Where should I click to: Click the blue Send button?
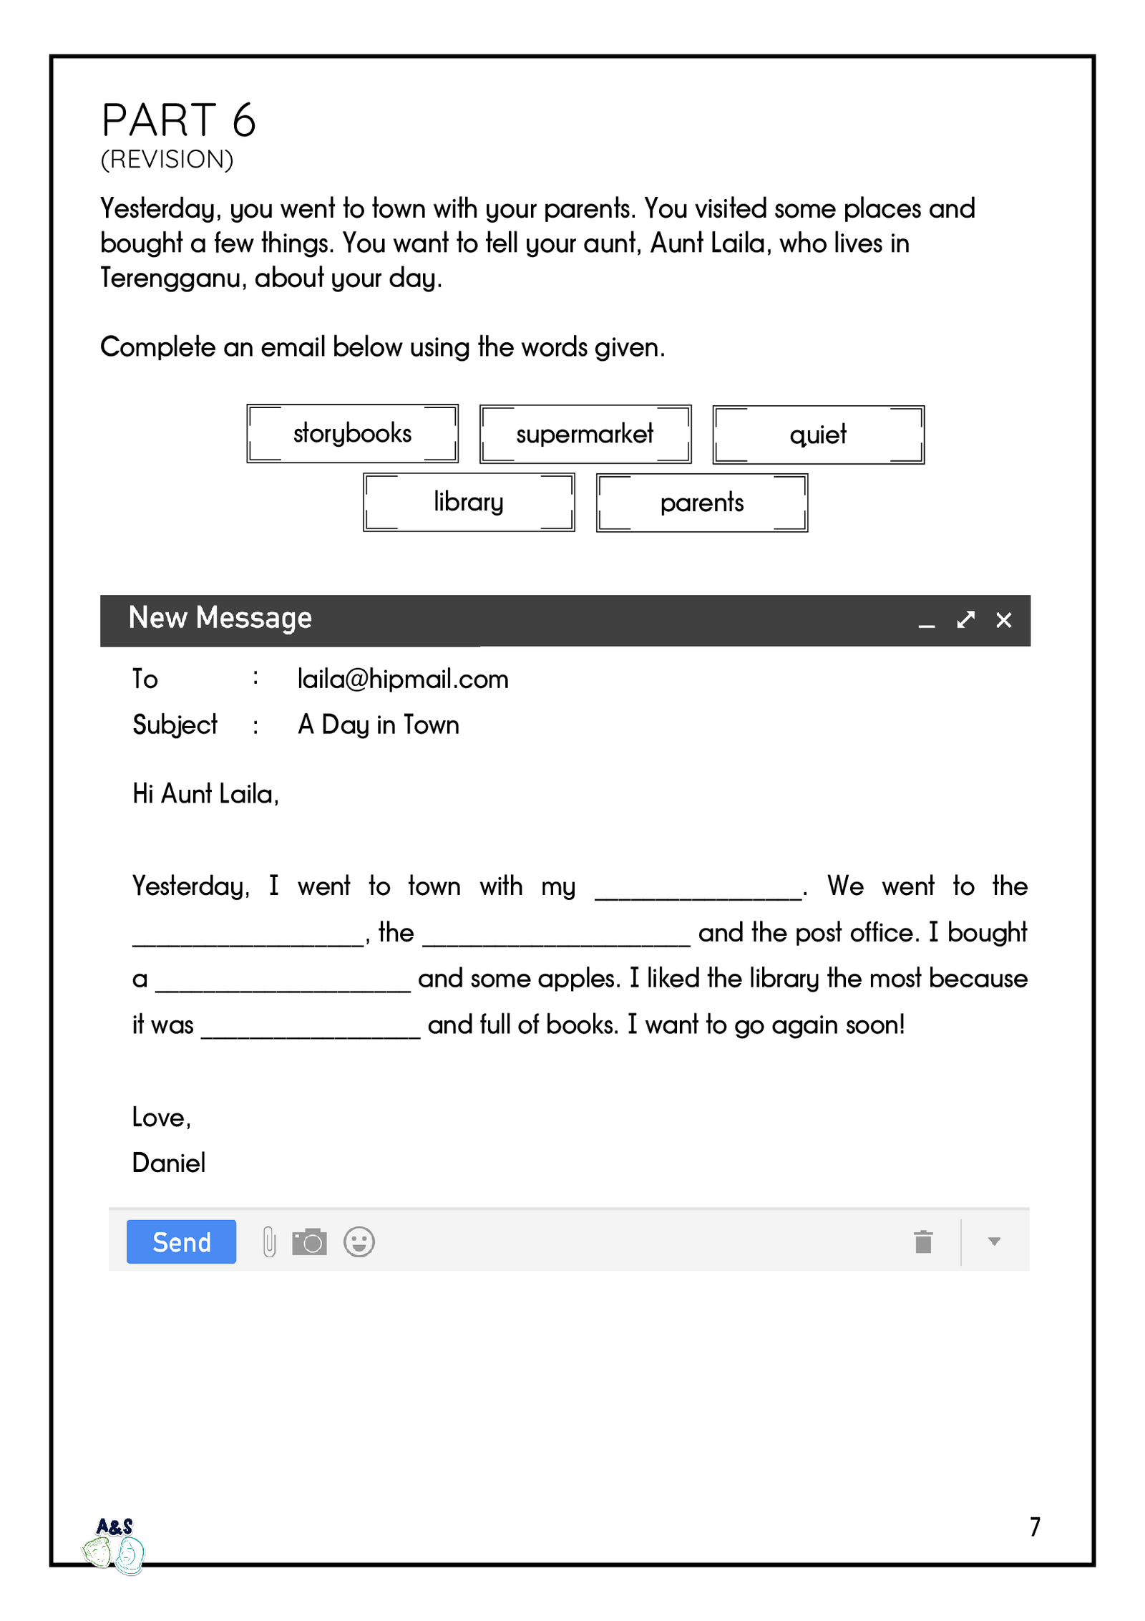181,1242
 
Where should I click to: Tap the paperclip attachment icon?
269,1242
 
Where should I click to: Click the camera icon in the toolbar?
309,1242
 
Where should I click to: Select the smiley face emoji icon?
359,1242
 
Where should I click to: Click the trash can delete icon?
923,1242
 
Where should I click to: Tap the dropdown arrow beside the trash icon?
994,1242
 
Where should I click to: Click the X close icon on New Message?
1004,620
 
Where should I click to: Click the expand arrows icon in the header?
965,620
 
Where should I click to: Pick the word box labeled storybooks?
352,434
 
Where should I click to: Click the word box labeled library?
469,503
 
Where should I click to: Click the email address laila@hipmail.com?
403,679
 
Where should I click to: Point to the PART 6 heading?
178,120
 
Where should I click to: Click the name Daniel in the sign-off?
169,1163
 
